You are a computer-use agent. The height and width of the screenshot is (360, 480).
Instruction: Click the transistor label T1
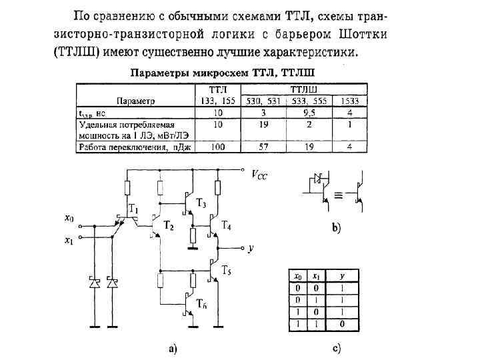pos(134,210)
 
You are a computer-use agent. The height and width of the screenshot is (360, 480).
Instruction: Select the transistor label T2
pos(169,227)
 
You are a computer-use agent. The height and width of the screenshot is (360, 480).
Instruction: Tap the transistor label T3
pos(201,203)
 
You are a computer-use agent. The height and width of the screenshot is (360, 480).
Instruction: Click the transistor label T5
pos(227,271)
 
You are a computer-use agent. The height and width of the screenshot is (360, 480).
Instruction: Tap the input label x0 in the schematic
pos(69,217)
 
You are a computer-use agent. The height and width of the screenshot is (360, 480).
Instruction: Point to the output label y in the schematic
pos(251,248)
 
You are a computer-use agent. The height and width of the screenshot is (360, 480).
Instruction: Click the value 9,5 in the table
pos(310,113)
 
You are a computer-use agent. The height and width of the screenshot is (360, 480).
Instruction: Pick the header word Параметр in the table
pos(135,101)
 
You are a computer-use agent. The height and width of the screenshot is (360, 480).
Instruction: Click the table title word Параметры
pos(159,71)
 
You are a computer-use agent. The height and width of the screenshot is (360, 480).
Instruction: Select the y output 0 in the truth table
pos(342,323)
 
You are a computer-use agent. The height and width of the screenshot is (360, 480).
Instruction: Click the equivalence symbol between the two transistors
pos(339,196)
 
